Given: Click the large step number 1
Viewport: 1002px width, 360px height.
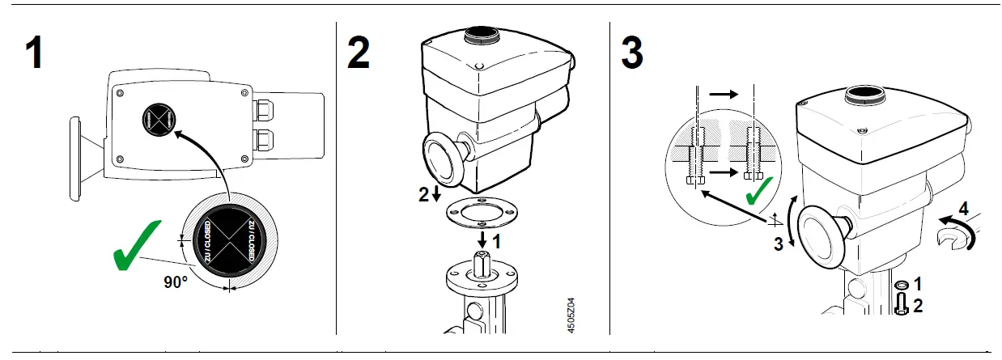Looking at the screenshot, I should click(x=33, y=53).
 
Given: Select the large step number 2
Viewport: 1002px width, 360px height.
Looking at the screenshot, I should click(x=359, y=53).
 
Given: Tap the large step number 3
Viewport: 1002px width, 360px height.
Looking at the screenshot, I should click(x=631, y=53).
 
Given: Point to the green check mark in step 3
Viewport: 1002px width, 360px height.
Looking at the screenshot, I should click(x=758, y=191).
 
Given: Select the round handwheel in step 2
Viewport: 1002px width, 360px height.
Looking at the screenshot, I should click(x=442, y=158).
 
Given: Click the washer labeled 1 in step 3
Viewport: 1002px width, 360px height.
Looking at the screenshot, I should click(x=900, y=285).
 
